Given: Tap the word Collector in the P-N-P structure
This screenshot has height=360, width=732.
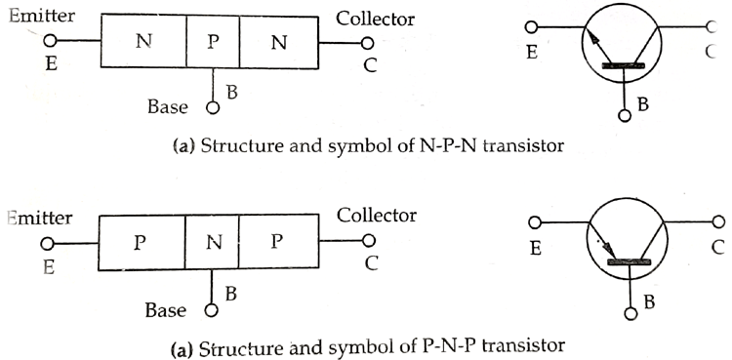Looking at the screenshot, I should pyautogui.click(x=376, y=215).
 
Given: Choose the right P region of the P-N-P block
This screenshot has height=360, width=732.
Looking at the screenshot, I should pyautogui.click(x=280, y=243).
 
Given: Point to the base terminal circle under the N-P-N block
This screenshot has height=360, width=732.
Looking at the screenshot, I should pyautogui.click(x=211, y=105).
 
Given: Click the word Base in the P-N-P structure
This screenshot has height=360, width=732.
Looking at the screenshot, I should pyautogui.click(x=167, y=310).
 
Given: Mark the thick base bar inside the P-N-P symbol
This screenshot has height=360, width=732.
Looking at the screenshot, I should pyautogui.click(x=630, y=262).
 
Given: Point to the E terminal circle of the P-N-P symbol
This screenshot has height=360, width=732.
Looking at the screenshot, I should pyautogui.click(x=533, y=221).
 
